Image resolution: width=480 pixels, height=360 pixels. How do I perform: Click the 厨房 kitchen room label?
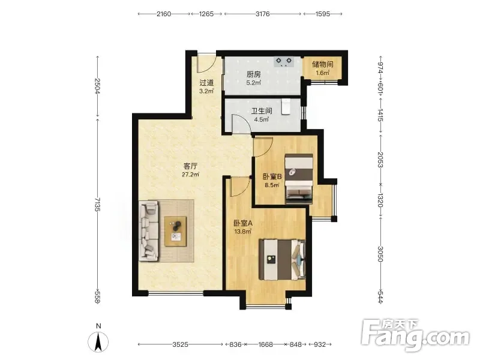(254, 74)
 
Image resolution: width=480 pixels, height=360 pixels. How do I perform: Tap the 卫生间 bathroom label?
(262, 111)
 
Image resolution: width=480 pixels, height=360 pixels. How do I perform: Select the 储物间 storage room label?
(323, 64)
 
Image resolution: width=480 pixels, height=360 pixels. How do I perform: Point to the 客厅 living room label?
(190, 166)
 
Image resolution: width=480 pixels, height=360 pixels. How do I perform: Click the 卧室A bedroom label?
(243, 223)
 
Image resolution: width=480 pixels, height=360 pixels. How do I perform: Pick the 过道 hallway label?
(206, 83)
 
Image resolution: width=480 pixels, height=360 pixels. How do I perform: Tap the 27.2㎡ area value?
(190, 175)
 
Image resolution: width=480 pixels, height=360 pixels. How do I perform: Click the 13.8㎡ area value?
(243, 232)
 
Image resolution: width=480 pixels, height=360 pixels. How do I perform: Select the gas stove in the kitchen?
(284, 62)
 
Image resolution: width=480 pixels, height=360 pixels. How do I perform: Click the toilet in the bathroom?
(286, 107)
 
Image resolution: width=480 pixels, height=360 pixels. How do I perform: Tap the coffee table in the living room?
(176, 231)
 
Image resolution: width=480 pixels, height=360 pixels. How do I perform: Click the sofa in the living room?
(149, 231)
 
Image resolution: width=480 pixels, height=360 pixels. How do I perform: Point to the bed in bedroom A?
(282, 260)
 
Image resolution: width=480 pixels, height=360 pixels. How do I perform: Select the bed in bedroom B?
(299, 179)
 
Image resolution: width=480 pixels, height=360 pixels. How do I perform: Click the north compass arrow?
(98, 342)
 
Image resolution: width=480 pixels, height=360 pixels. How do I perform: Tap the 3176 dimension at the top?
(263, 14)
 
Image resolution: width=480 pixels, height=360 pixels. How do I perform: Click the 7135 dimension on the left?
(97, 204)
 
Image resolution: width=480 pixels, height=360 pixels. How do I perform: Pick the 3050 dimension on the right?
(380, 254)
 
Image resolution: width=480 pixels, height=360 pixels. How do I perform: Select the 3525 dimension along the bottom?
(180, 344)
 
